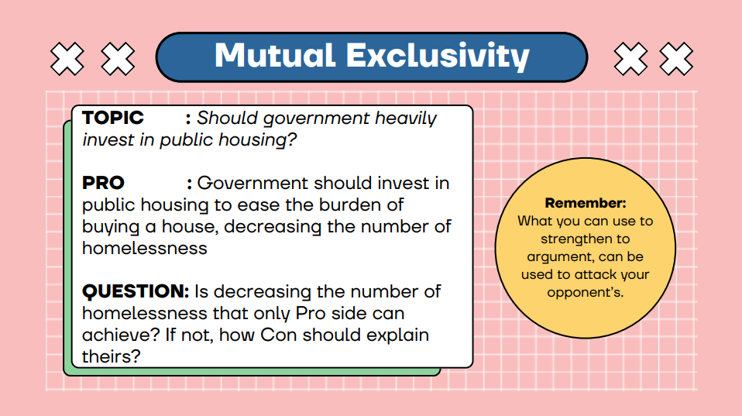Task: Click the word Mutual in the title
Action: [275, 55]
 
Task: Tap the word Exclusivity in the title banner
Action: [438, 57]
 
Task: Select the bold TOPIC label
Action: [112, 118]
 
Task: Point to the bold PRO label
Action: [103, 183]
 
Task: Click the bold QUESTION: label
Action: [136, 291]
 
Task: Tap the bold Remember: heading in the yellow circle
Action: [586, 203]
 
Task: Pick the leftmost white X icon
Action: [67, 59]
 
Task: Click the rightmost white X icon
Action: [676, 59]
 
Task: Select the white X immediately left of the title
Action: [118, 59]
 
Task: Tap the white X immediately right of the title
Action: [630, 59]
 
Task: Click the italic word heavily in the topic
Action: [406, 119]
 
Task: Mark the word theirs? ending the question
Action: [112, 356]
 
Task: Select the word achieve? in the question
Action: [121, 335]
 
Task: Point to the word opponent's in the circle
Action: [586, 293]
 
